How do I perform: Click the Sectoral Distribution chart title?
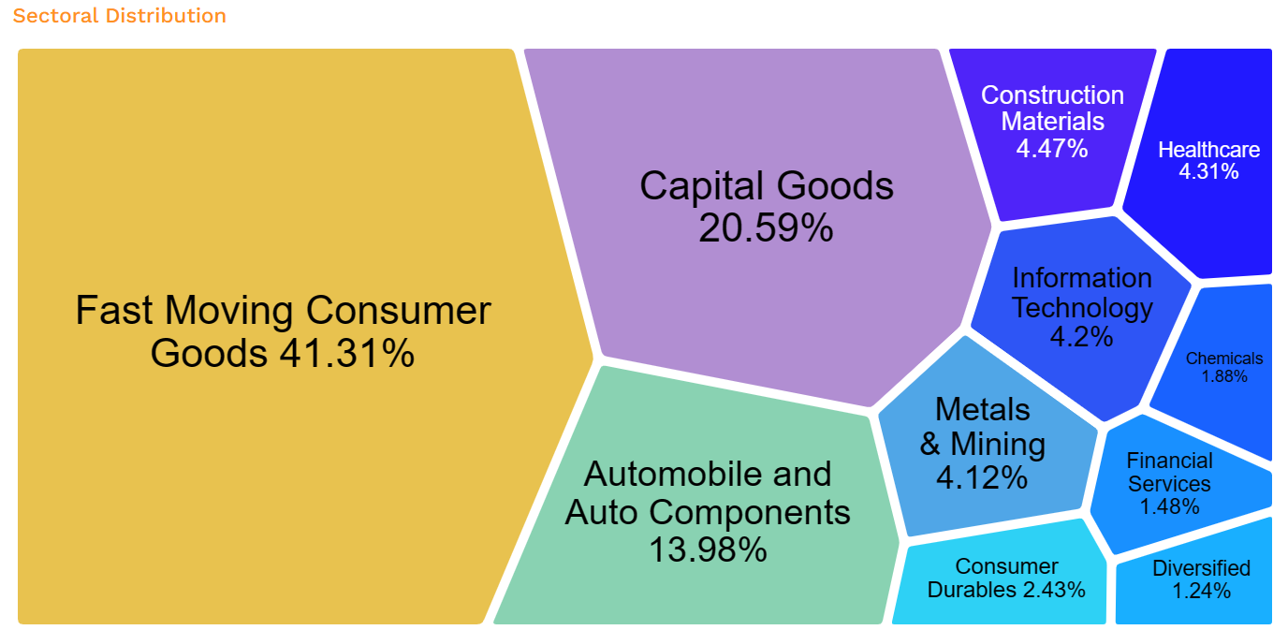coord(120,16)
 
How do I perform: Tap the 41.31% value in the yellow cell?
coord(346,354)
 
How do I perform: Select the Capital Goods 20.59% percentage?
coord(766,227)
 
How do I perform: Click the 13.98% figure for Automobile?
coord(708,549)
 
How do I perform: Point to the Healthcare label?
coord(1208,150)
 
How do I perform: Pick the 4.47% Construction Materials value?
coord(1052,147)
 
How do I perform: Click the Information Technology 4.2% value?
coord(1082,336)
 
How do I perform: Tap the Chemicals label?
coord(1223,359)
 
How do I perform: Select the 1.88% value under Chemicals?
coord(1224,376)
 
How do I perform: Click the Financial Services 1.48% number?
coord(1169,506)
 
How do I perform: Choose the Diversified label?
coord(1201,568)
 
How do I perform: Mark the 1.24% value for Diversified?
coord(1201,591)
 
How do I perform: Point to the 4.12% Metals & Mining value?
coord(982,478)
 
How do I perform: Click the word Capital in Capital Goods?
coord(695,186)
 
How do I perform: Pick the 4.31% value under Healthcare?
coord(1208,172)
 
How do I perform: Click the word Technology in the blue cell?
coord(1083,307)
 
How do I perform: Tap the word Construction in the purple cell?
coord(1052,95)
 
